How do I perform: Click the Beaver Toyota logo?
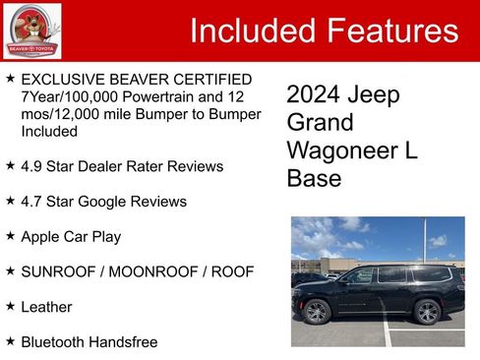(x=31, y=30)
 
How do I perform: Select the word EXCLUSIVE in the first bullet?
(x=63, y=79)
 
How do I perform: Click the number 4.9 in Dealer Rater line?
(x=31, y=166)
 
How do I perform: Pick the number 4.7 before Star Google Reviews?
(x=31, y=202)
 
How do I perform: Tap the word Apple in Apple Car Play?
(x=42, y=237)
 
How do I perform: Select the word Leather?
(x=46, y=307)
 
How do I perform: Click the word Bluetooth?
(x=55, y=342)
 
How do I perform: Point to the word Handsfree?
(x=125, y=342)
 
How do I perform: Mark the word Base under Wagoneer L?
(x=314, y=180)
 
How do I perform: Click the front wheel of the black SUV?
(x=317, y=313)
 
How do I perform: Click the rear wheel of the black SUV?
(x=427, y=313)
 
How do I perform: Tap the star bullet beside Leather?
(x=10, y=307)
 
